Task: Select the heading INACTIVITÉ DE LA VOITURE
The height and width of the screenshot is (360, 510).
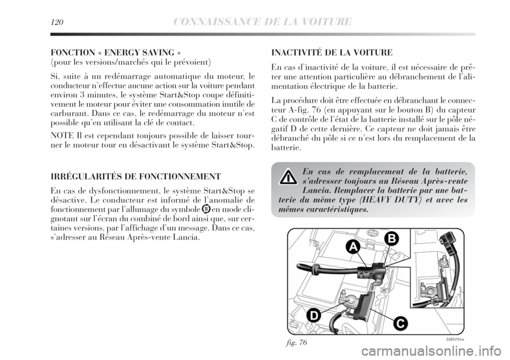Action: (331, 53)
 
